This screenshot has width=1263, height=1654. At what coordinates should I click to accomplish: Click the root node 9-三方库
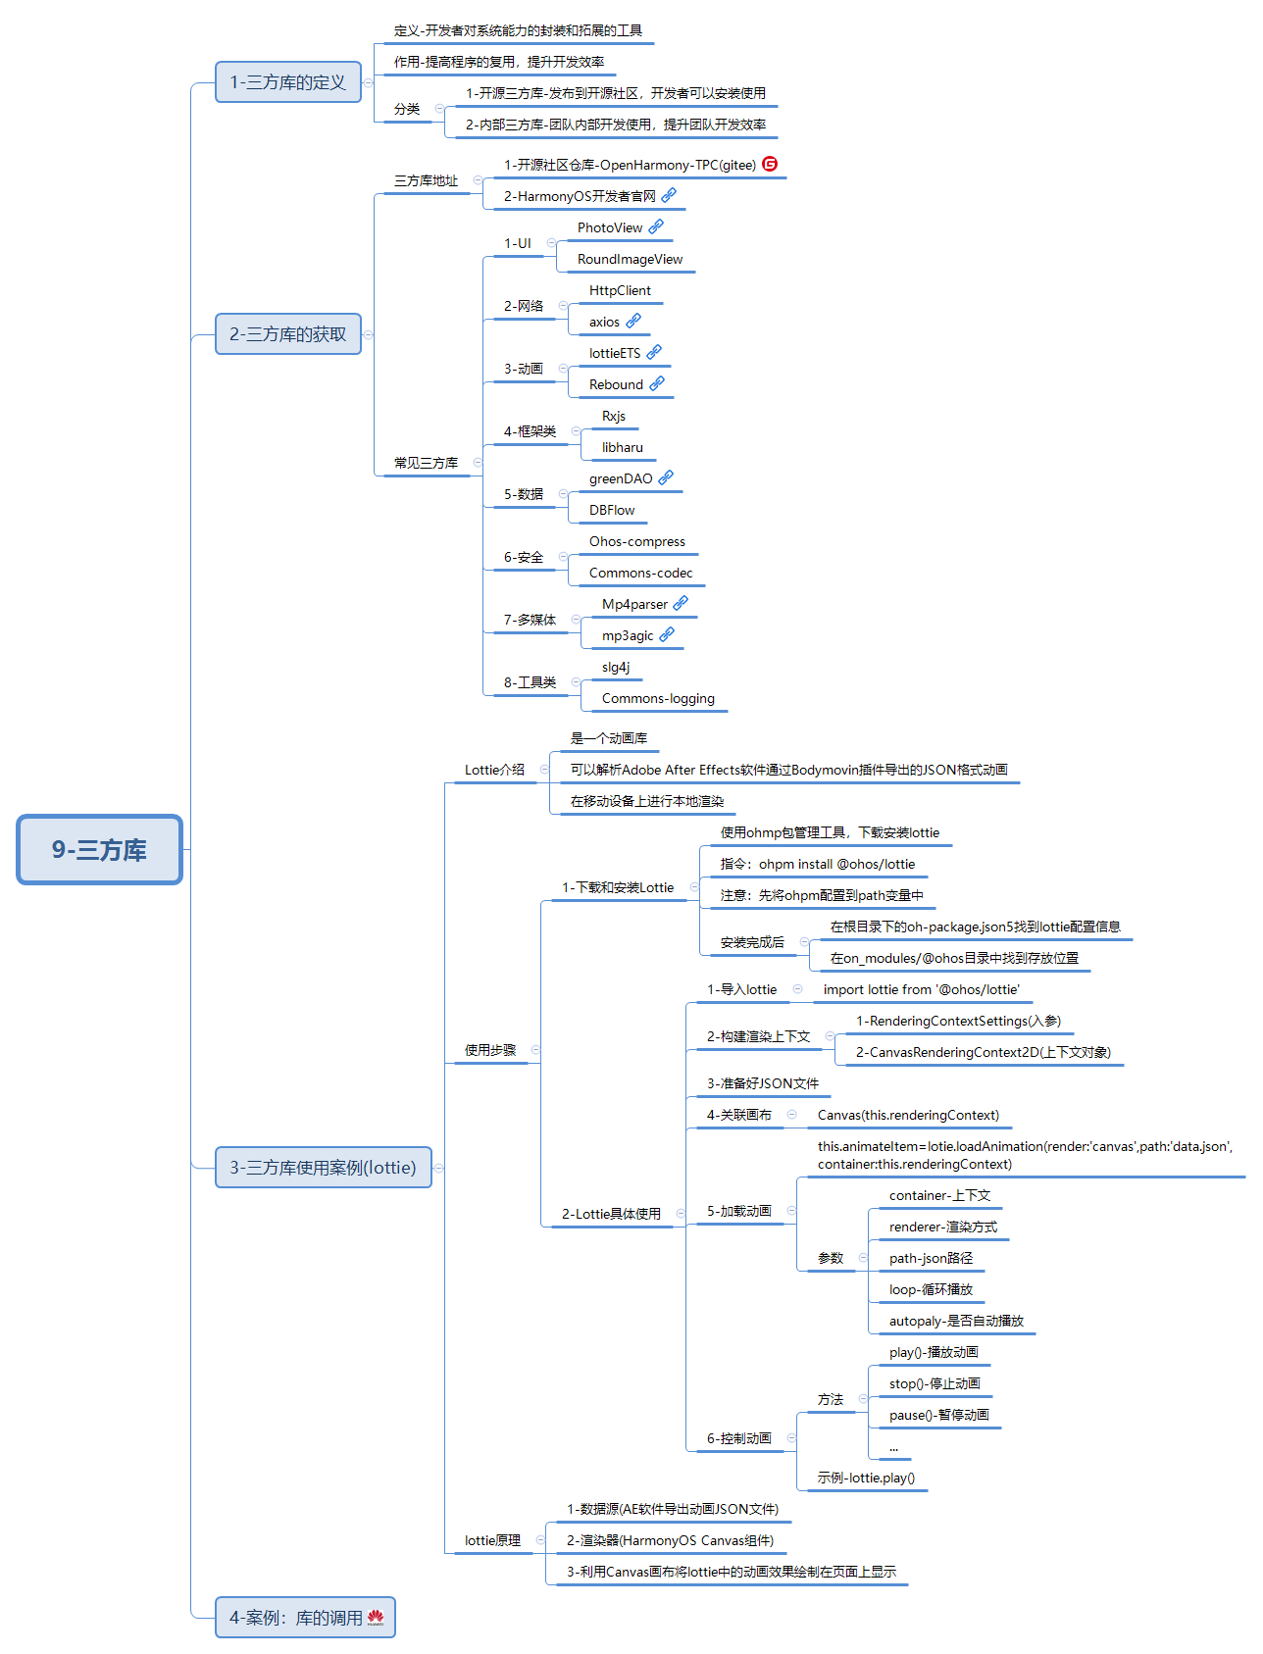[x=100, y=849]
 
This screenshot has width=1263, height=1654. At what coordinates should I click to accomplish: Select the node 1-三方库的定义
[x=288, y=82]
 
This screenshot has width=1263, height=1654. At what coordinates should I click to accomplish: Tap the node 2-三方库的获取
[x=288, y=334]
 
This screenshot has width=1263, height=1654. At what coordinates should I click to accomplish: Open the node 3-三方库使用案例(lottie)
[x=324, y=1168]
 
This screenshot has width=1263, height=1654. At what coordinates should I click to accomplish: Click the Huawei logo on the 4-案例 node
[x=376, y=1618]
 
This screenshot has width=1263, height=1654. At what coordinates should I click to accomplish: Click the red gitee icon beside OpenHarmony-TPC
[x=770, y=164]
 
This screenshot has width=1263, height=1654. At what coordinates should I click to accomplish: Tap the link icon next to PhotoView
[x=656, y=226]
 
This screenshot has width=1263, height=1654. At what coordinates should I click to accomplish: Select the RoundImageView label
[x=630, y=259]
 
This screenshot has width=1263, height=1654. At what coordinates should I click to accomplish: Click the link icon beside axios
[x=633, y=321]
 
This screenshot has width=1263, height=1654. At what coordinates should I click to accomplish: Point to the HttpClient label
[x=620, y=290]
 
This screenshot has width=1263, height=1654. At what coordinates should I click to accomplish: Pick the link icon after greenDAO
[x=666, y=477]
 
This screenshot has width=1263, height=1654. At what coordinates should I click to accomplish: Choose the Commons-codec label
[x=640, y=573]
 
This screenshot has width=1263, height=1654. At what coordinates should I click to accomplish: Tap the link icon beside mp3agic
[x=667, y=634]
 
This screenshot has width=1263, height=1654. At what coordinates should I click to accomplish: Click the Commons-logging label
[x=658, y=698]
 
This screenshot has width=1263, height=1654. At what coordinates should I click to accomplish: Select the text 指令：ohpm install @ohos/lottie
[x=818, y=864]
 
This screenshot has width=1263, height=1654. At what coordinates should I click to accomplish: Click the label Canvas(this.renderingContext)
[x=908, y=1115]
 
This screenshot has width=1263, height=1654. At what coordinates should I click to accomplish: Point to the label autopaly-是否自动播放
[x=956, y=1321]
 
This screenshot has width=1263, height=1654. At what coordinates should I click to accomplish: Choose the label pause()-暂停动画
[x=938, y=1415]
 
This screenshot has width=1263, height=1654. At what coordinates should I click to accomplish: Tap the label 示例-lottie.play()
[x=866, y=1478]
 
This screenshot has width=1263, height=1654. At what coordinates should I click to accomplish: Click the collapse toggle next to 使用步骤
[x=535, y=1050]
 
